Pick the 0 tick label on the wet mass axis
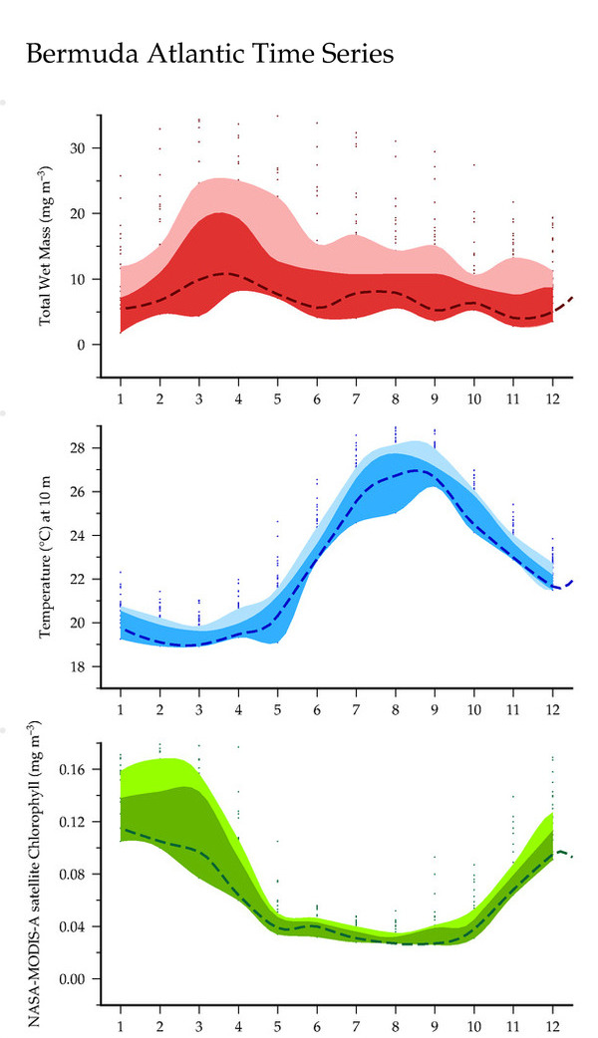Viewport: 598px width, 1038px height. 84,345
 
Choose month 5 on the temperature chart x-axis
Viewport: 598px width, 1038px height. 277,708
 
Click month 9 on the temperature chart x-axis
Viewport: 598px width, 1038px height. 435,708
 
